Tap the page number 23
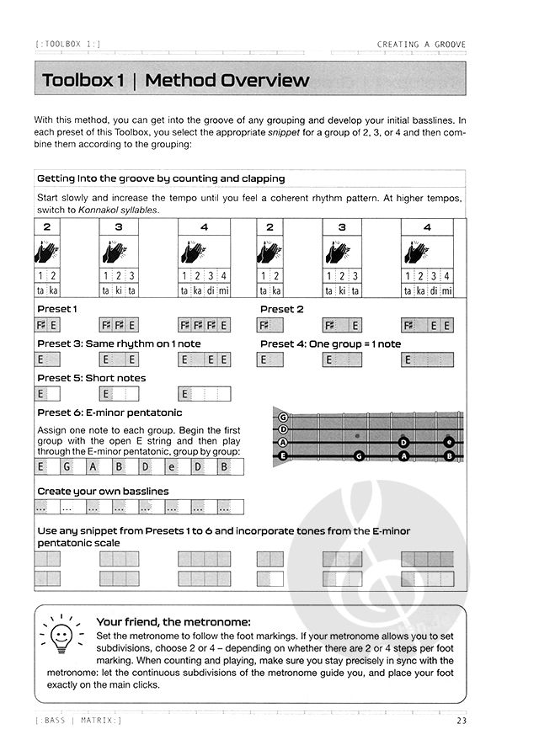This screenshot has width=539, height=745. click(460, 721)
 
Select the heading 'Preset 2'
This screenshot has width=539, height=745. click(282, 309)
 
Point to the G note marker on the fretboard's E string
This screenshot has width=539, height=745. click(359, 456)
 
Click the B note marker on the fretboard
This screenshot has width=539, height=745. click(449, 456)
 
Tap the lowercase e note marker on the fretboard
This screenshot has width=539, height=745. click(449, 442)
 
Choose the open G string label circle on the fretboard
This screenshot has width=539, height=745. click(283, 417)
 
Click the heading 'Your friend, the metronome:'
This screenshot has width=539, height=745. click(168, 621)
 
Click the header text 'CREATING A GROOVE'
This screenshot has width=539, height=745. click(421, 45)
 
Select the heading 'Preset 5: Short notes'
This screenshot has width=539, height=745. click(91, 378)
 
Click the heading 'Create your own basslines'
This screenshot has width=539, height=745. click(103, 491)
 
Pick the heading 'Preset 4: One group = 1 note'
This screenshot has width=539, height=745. click(330, 343)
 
